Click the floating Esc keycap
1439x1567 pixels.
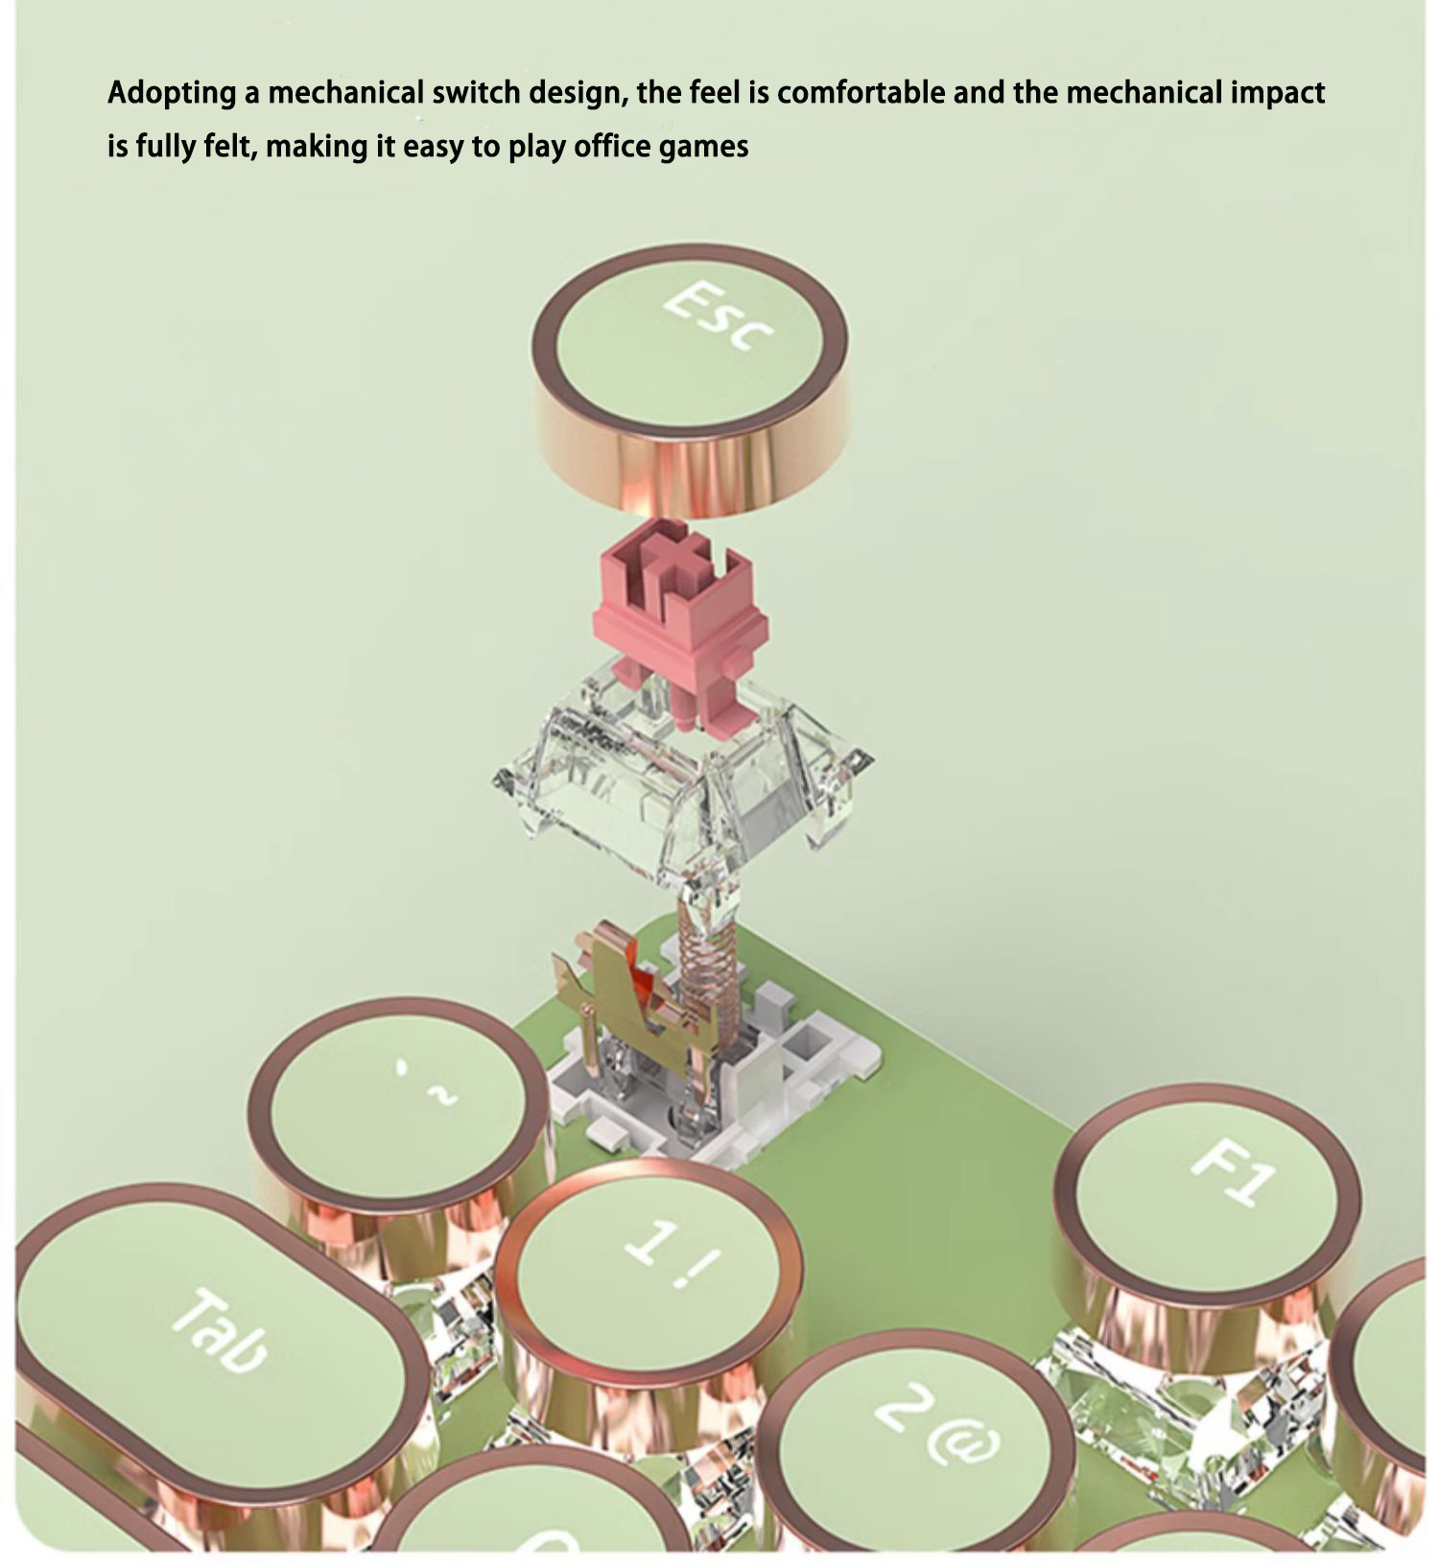pyautogui.click(x=691, y=379)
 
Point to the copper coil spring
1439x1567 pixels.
pyautogui.click(x=708, y=969)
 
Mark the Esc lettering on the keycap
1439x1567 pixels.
pyautogui.click(x=718, y=315)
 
